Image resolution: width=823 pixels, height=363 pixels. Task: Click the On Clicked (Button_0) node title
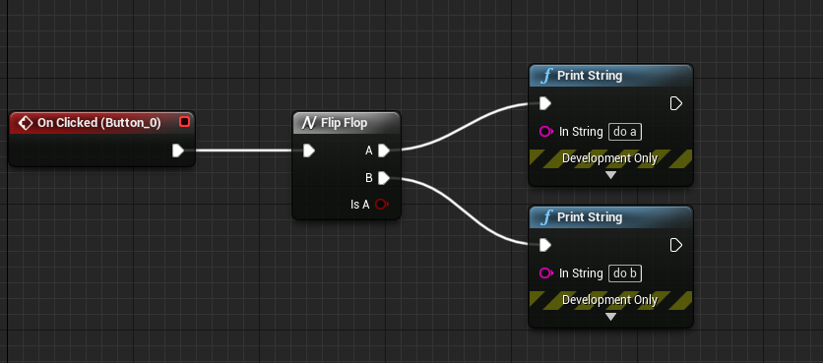tap(97, 122)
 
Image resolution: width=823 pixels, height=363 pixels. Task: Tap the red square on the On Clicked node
tap(184, 122)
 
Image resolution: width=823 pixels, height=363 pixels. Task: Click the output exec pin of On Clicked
tap(178, 151)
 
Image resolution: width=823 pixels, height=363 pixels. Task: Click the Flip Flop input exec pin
tap(309, 151)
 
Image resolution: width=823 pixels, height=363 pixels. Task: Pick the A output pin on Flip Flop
tap(383, 151)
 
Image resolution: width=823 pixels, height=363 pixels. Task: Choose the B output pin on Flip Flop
tap(383, 178)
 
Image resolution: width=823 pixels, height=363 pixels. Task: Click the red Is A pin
tap(382, 205)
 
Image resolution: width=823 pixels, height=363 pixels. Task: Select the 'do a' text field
tap(628, 132)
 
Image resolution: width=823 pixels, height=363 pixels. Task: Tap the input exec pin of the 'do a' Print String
tap(544, 103)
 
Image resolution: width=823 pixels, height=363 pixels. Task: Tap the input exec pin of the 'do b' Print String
tap(544, 245)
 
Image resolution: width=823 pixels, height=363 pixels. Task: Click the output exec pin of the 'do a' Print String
tap(676, 103)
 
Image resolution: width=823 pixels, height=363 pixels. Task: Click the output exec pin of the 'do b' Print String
tap(676, 245)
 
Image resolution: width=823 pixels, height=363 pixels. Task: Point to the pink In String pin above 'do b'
tap(545, 273)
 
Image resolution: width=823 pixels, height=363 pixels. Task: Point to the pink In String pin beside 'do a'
tap(545, 132)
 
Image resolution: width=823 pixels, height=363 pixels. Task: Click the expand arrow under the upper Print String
tap(610, 175)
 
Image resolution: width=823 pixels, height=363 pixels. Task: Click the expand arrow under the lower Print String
tap(610, 317)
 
